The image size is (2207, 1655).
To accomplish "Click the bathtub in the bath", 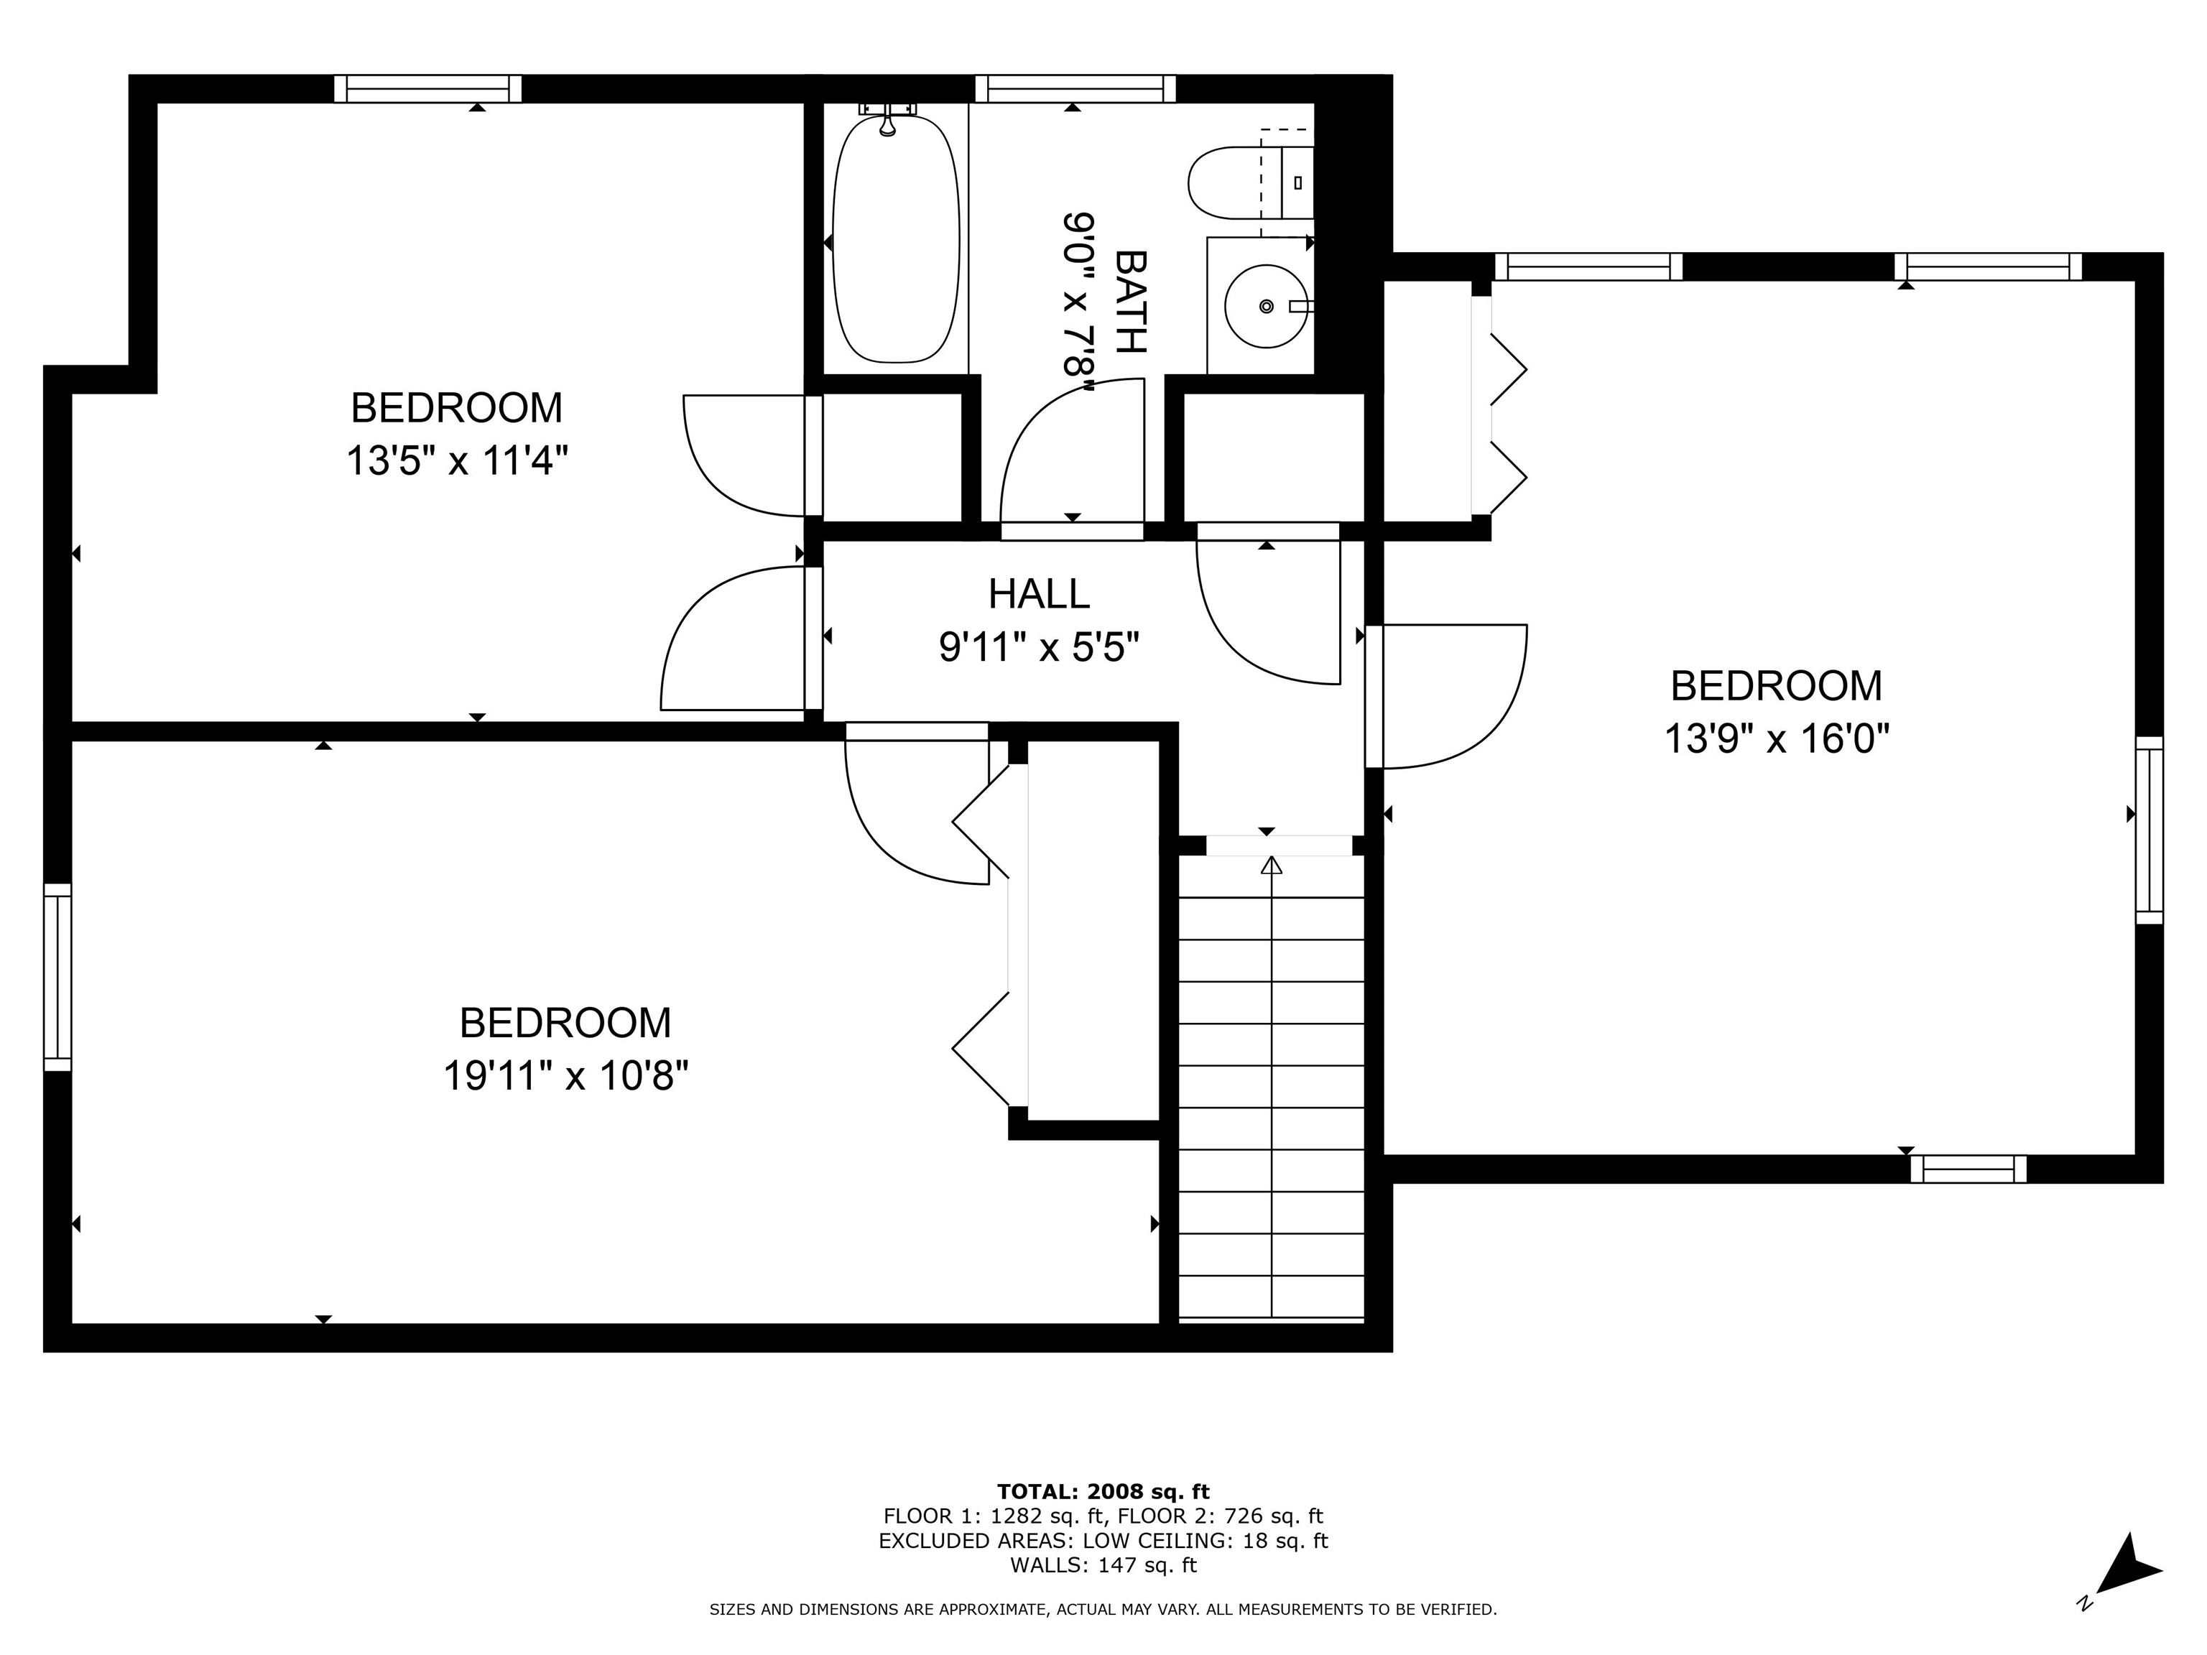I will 895,239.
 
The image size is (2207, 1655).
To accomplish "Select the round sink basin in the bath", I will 1265,306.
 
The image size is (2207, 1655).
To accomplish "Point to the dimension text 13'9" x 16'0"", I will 1776,740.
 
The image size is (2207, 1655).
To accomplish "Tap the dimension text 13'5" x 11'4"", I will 457,462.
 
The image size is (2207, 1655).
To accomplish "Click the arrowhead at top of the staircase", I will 1271,865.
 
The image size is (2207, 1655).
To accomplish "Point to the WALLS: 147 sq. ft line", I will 1103,1565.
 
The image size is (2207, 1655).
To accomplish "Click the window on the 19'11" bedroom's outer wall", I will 58,977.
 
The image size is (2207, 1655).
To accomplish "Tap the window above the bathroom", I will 1075,89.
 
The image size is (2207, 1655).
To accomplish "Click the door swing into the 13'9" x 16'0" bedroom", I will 1457,698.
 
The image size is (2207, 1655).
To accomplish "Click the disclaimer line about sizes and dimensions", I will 1103,1609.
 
